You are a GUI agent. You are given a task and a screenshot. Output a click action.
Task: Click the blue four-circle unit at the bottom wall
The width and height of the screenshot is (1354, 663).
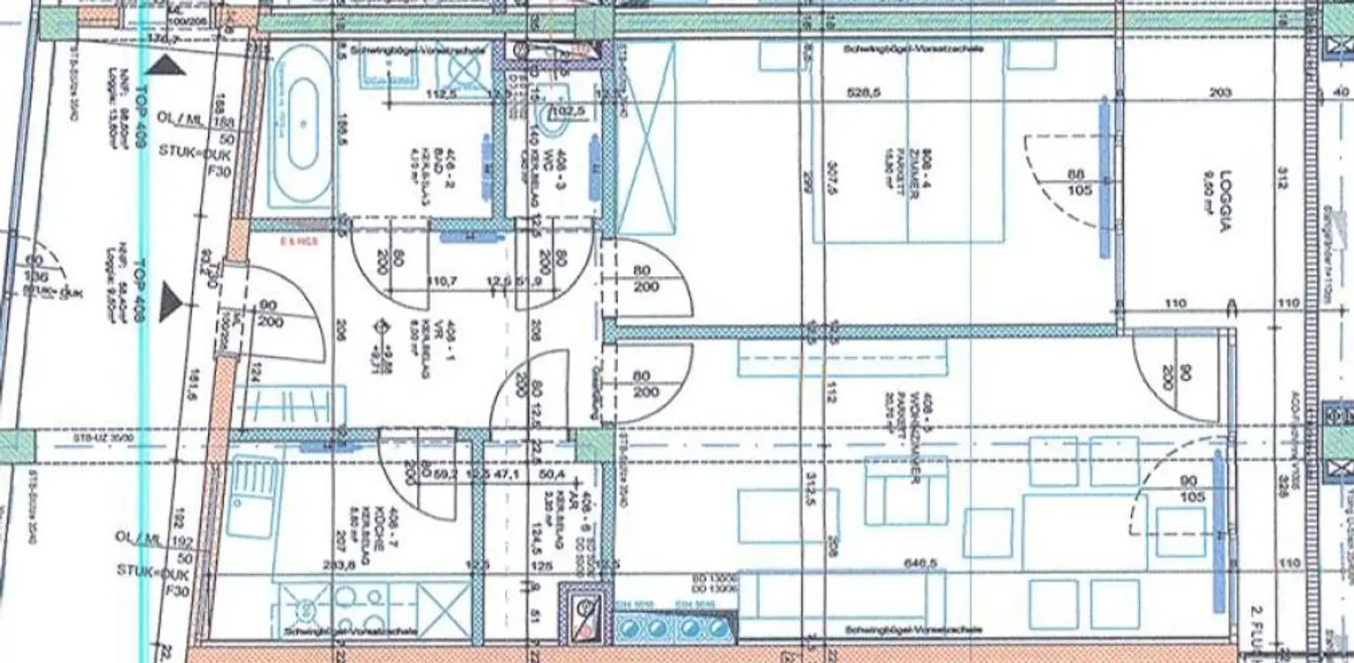coord(675,627)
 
